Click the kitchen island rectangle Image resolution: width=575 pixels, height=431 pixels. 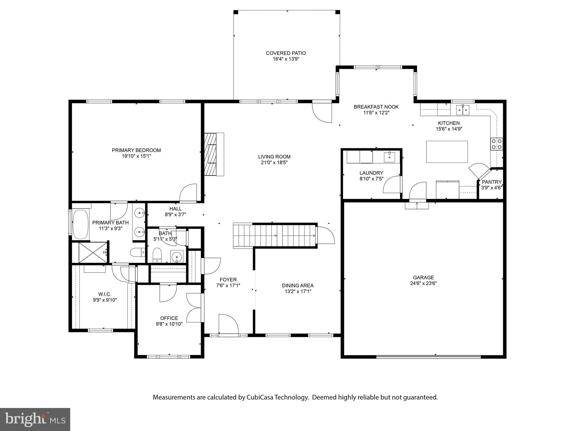pyautogui.click(x=447, y=152)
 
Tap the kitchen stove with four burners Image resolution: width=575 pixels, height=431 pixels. pyautogui.click(x=496, y=144)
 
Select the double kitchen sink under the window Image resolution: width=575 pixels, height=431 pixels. pyautogui.click(x=463, y=110)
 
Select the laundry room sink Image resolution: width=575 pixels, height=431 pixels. pyautogui.click(x=389, y=157)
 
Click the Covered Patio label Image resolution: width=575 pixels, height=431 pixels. pyautogui.click(x=286, y=53)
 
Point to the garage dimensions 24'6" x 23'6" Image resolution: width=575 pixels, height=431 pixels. pyautogui.click(x=423, y=283)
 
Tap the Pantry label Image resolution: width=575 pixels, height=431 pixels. pyautogui.click(x=491, y=182)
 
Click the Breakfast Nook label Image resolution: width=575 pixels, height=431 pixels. pyautogui.click(x=376, y=107)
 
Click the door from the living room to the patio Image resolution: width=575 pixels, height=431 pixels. pyautogui.click(x=322, y=112)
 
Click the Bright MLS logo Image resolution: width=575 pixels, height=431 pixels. pyautogui.click(x=35, y=419)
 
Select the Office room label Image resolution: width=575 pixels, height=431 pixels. pyautogui.click(x=169, y=318)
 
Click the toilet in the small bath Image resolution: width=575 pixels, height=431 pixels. pyautogui.click(x=157, y=255)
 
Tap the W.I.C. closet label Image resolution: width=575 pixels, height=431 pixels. pyautogui.click(x=105, y=294)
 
